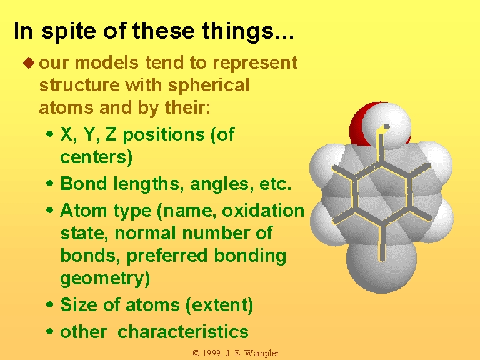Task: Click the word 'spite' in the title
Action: [x=69, y=31]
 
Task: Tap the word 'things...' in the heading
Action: [x=248, y=31]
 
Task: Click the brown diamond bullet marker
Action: [x=29, y=62]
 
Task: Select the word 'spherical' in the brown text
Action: [x=209, y=86]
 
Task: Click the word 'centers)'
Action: [x=96, y=157]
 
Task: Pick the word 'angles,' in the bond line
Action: [x=222, y=184]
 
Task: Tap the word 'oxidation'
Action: [x=263, y=211]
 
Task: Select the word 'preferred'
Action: [x=167, y=256]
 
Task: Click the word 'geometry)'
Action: [x=105, y=279]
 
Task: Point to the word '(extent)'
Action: [x=219, y=306]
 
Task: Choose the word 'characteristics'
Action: [x=183, y=331]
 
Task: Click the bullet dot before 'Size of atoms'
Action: [x=49, y=304]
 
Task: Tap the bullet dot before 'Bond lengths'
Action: [x=49, y=184]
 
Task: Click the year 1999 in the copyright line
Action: [x=211, y=353]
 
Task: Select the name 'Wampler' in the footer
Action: [x=262, y=353]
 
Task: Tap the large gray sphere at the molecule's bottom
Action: [x=381, y=266]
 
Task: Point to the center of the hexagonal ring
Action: [x=382, y=194]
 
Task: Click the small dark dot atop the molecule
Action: [x=386, y=126]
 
